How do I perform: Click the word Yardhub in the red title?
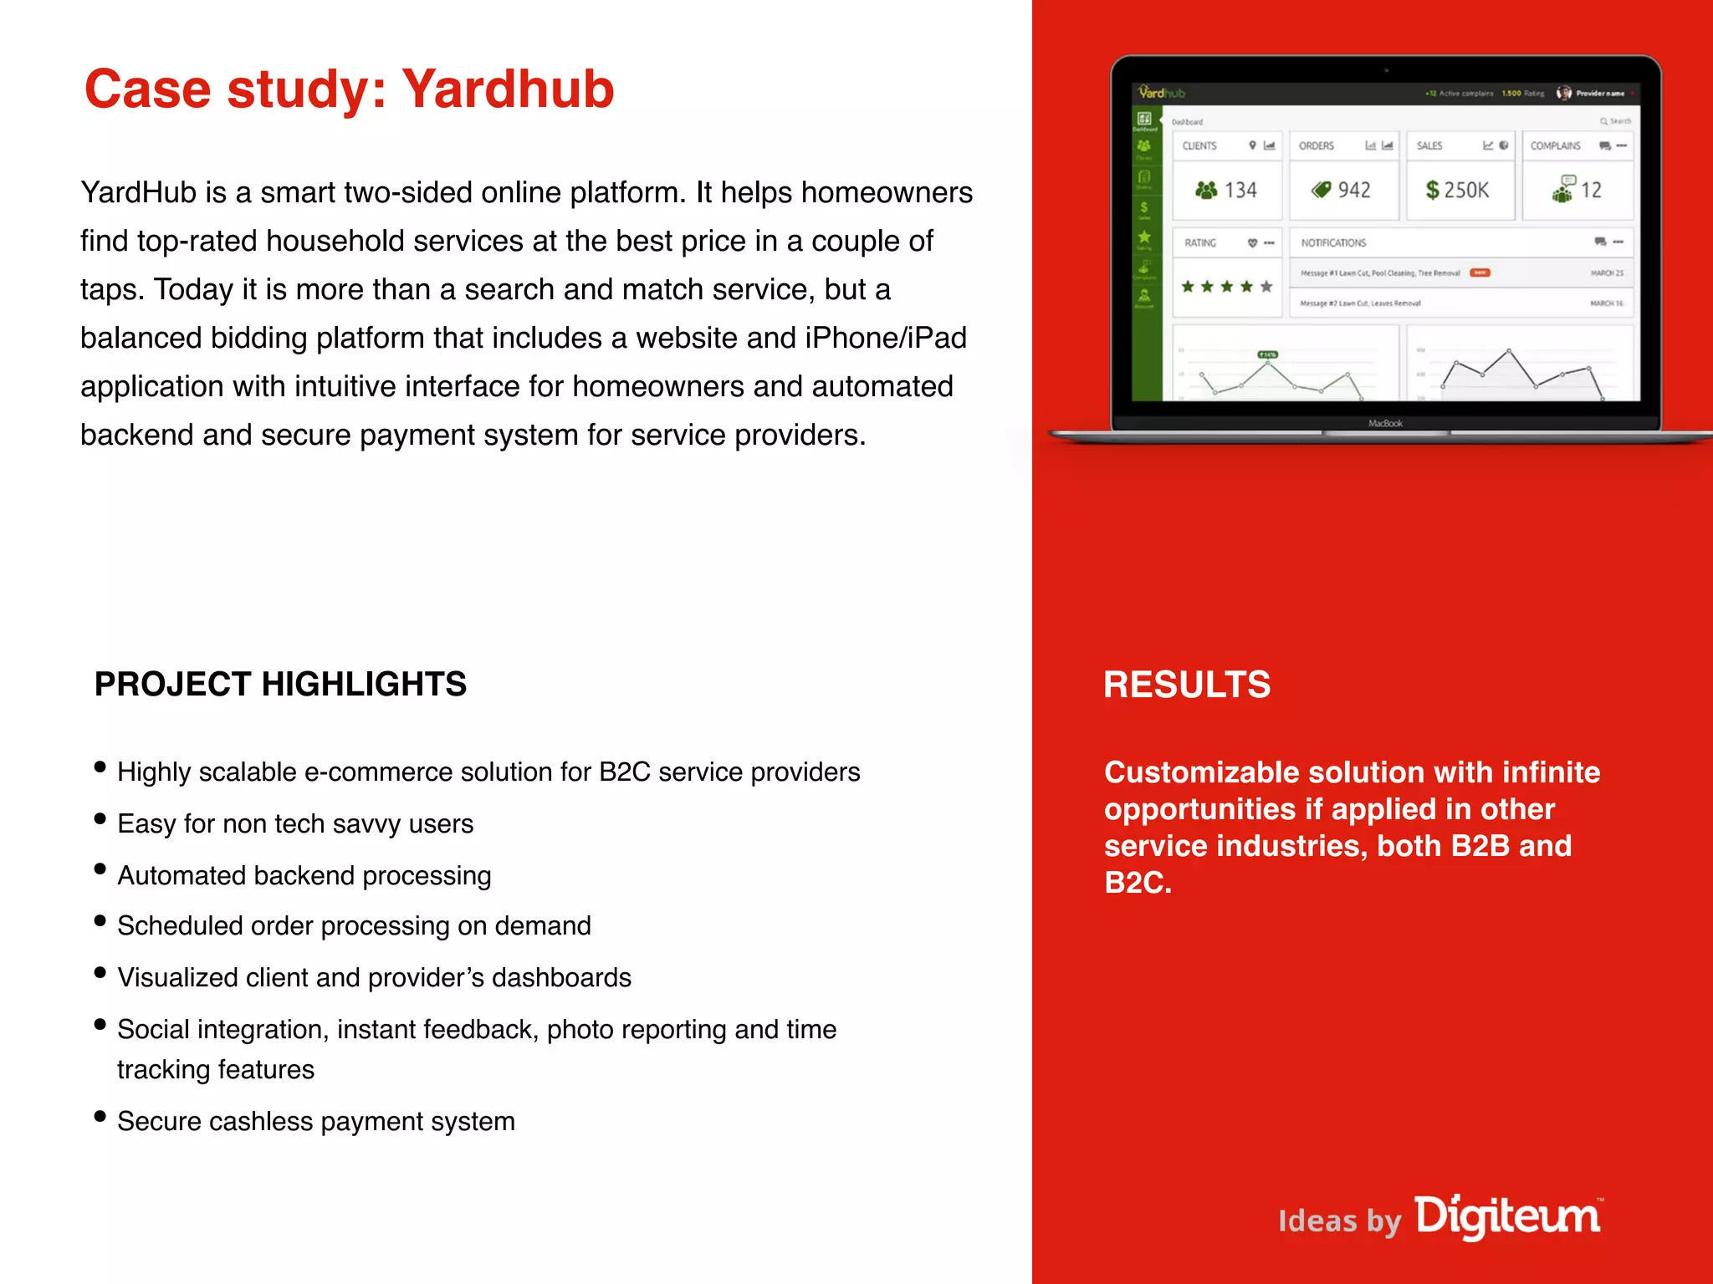pos(508,89)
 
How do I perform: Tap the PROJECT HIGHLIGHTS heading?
pos(280,684)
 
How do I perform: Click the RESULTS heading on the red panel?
pos(1186,685)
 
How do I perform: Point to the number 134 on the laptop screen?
pos(1240,191)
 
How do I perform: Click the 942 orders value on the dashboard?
pos(1353,191)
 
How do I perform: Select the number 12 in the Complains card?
pos(1590,191)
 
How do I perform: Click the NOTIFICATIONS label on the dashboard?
pos(1333,243)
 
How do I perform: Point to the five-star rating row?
pos(1226,287)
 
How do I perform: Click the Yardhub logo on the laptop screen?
pos(1162,93)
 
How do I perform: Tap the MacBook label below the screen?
pos(1385,424)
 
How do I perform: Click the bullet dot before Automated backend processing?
pos(100,869)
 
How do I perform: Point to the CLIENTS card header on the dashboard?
pos(1199,146)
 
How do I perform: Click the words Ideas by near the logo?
pos(1338,1221)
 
